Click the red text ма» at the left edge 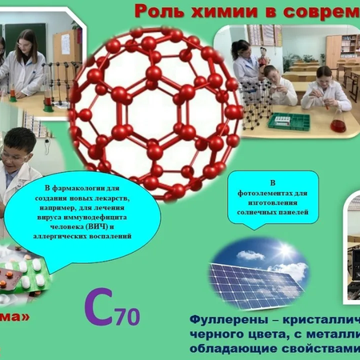pos(14,317)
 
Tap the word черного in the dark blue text pos(213,335)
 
